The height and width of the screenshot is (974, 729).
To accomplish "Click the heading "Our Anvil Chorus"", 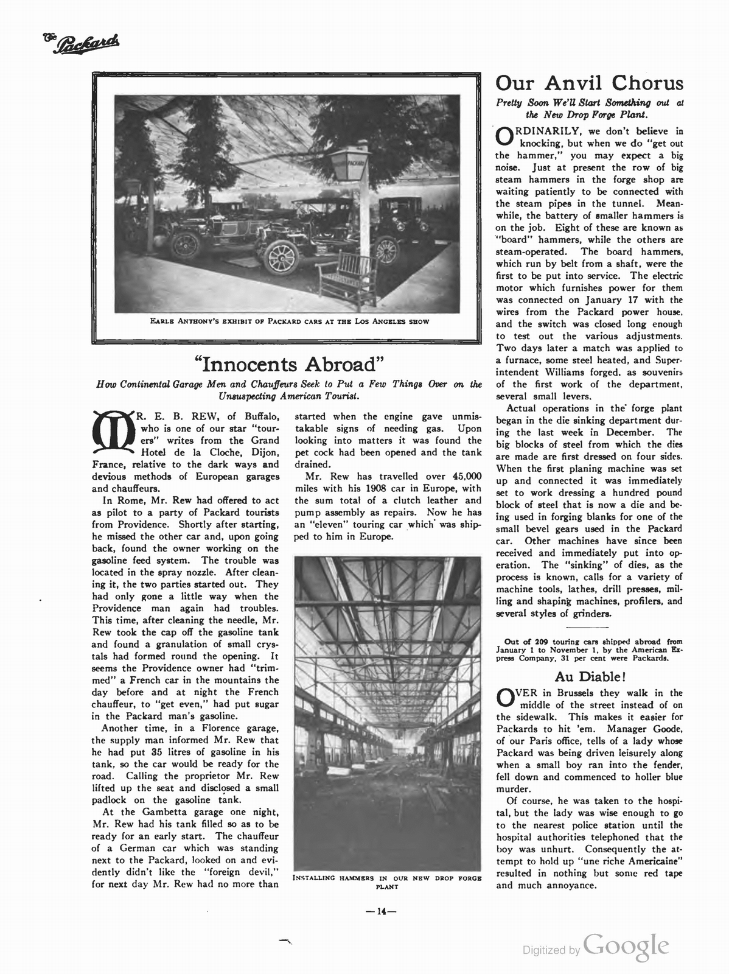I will [x=589, y=83].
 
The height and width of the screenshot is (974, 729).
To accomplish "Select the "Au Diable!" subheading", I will [x=590, y=676].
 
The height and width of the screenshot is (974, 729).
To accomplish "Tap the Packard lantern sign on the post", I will [x=348, y=164].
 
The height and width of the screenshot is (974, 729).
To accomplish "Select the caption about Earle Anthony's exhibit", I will [x=290, y=322].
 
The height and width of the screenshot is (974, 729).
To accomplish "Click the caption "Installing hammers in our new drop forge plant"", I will [x=387, y=881].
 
